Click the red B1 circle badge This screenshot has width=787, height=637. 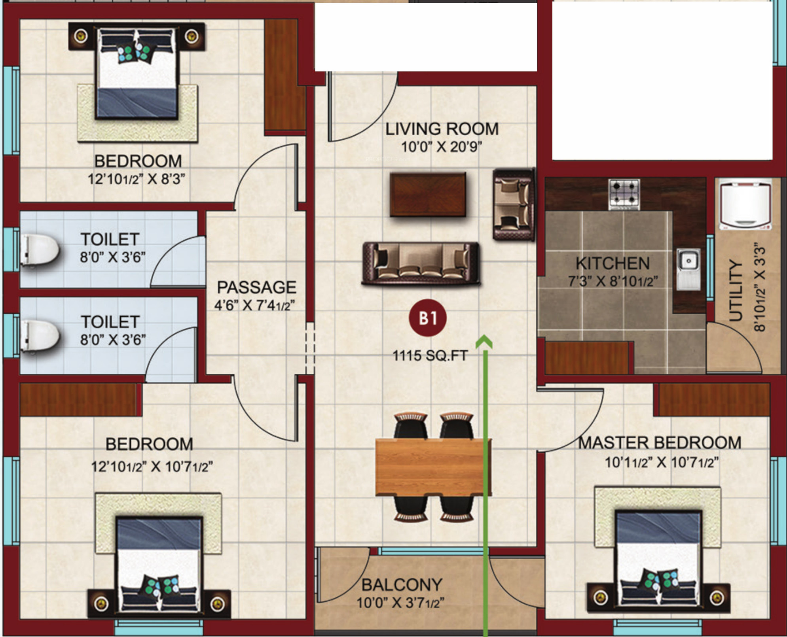(x=427, y=318)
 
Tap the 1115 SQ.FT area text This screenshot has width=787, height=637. (x=430, y=355)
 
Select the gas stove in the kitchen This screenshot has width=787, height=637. (x=624, y=194)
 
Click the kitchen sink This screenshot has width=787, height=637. (x=689, y=269)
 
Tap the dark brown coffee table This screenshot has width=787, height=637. (x=428, y=195)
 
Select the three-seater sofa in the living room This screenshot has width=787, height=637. (x=421, y=264)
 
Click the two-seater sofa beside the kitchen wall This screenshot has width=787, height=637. (x=514, y=204)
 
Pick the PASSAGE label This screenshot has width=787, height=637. (x=256, y=287)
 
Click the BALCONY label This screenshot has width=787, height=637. (x=402, y=585)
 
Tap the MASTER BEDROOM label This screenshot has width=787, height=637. (x=660, y=442)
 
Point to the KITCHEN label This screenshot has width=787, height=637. (x=613, y=263)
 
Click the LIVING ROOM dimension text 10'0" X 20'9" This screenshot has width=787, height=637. (x=442, y=147)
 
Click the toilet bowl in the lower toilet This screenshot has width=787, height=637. (x=40, y=336)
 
